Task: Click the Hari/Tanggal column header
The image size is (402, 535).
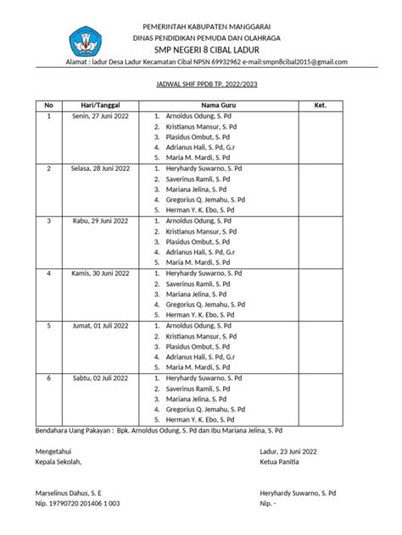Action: tap(101, 105)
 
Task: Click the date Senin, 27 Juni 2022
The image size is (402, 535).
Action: tap(101, 115)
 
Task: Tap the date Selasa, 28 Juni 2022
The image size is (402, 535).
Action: tap(101, 168)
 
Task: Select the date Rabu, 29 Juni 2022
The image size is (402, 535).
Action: tap(101, 220)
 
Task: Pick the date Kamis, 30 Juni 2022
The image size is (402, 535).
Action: tap(101, 273)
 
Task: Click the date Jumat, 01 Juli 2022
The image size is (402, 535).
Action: tap(101, 325)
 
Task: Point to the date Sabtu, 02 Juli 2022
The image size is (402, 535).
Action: tap(101, 378)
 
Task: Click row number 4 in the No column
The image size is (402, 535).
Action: tap(49, 273)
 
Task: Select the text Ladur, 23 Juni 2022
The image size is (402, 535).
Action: tap(289, 452)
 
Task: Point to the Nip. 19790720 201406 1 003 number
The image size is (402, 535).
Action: tap(76, 503)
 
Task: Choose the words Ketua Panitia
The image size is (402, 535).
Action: tap(282, 462)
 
